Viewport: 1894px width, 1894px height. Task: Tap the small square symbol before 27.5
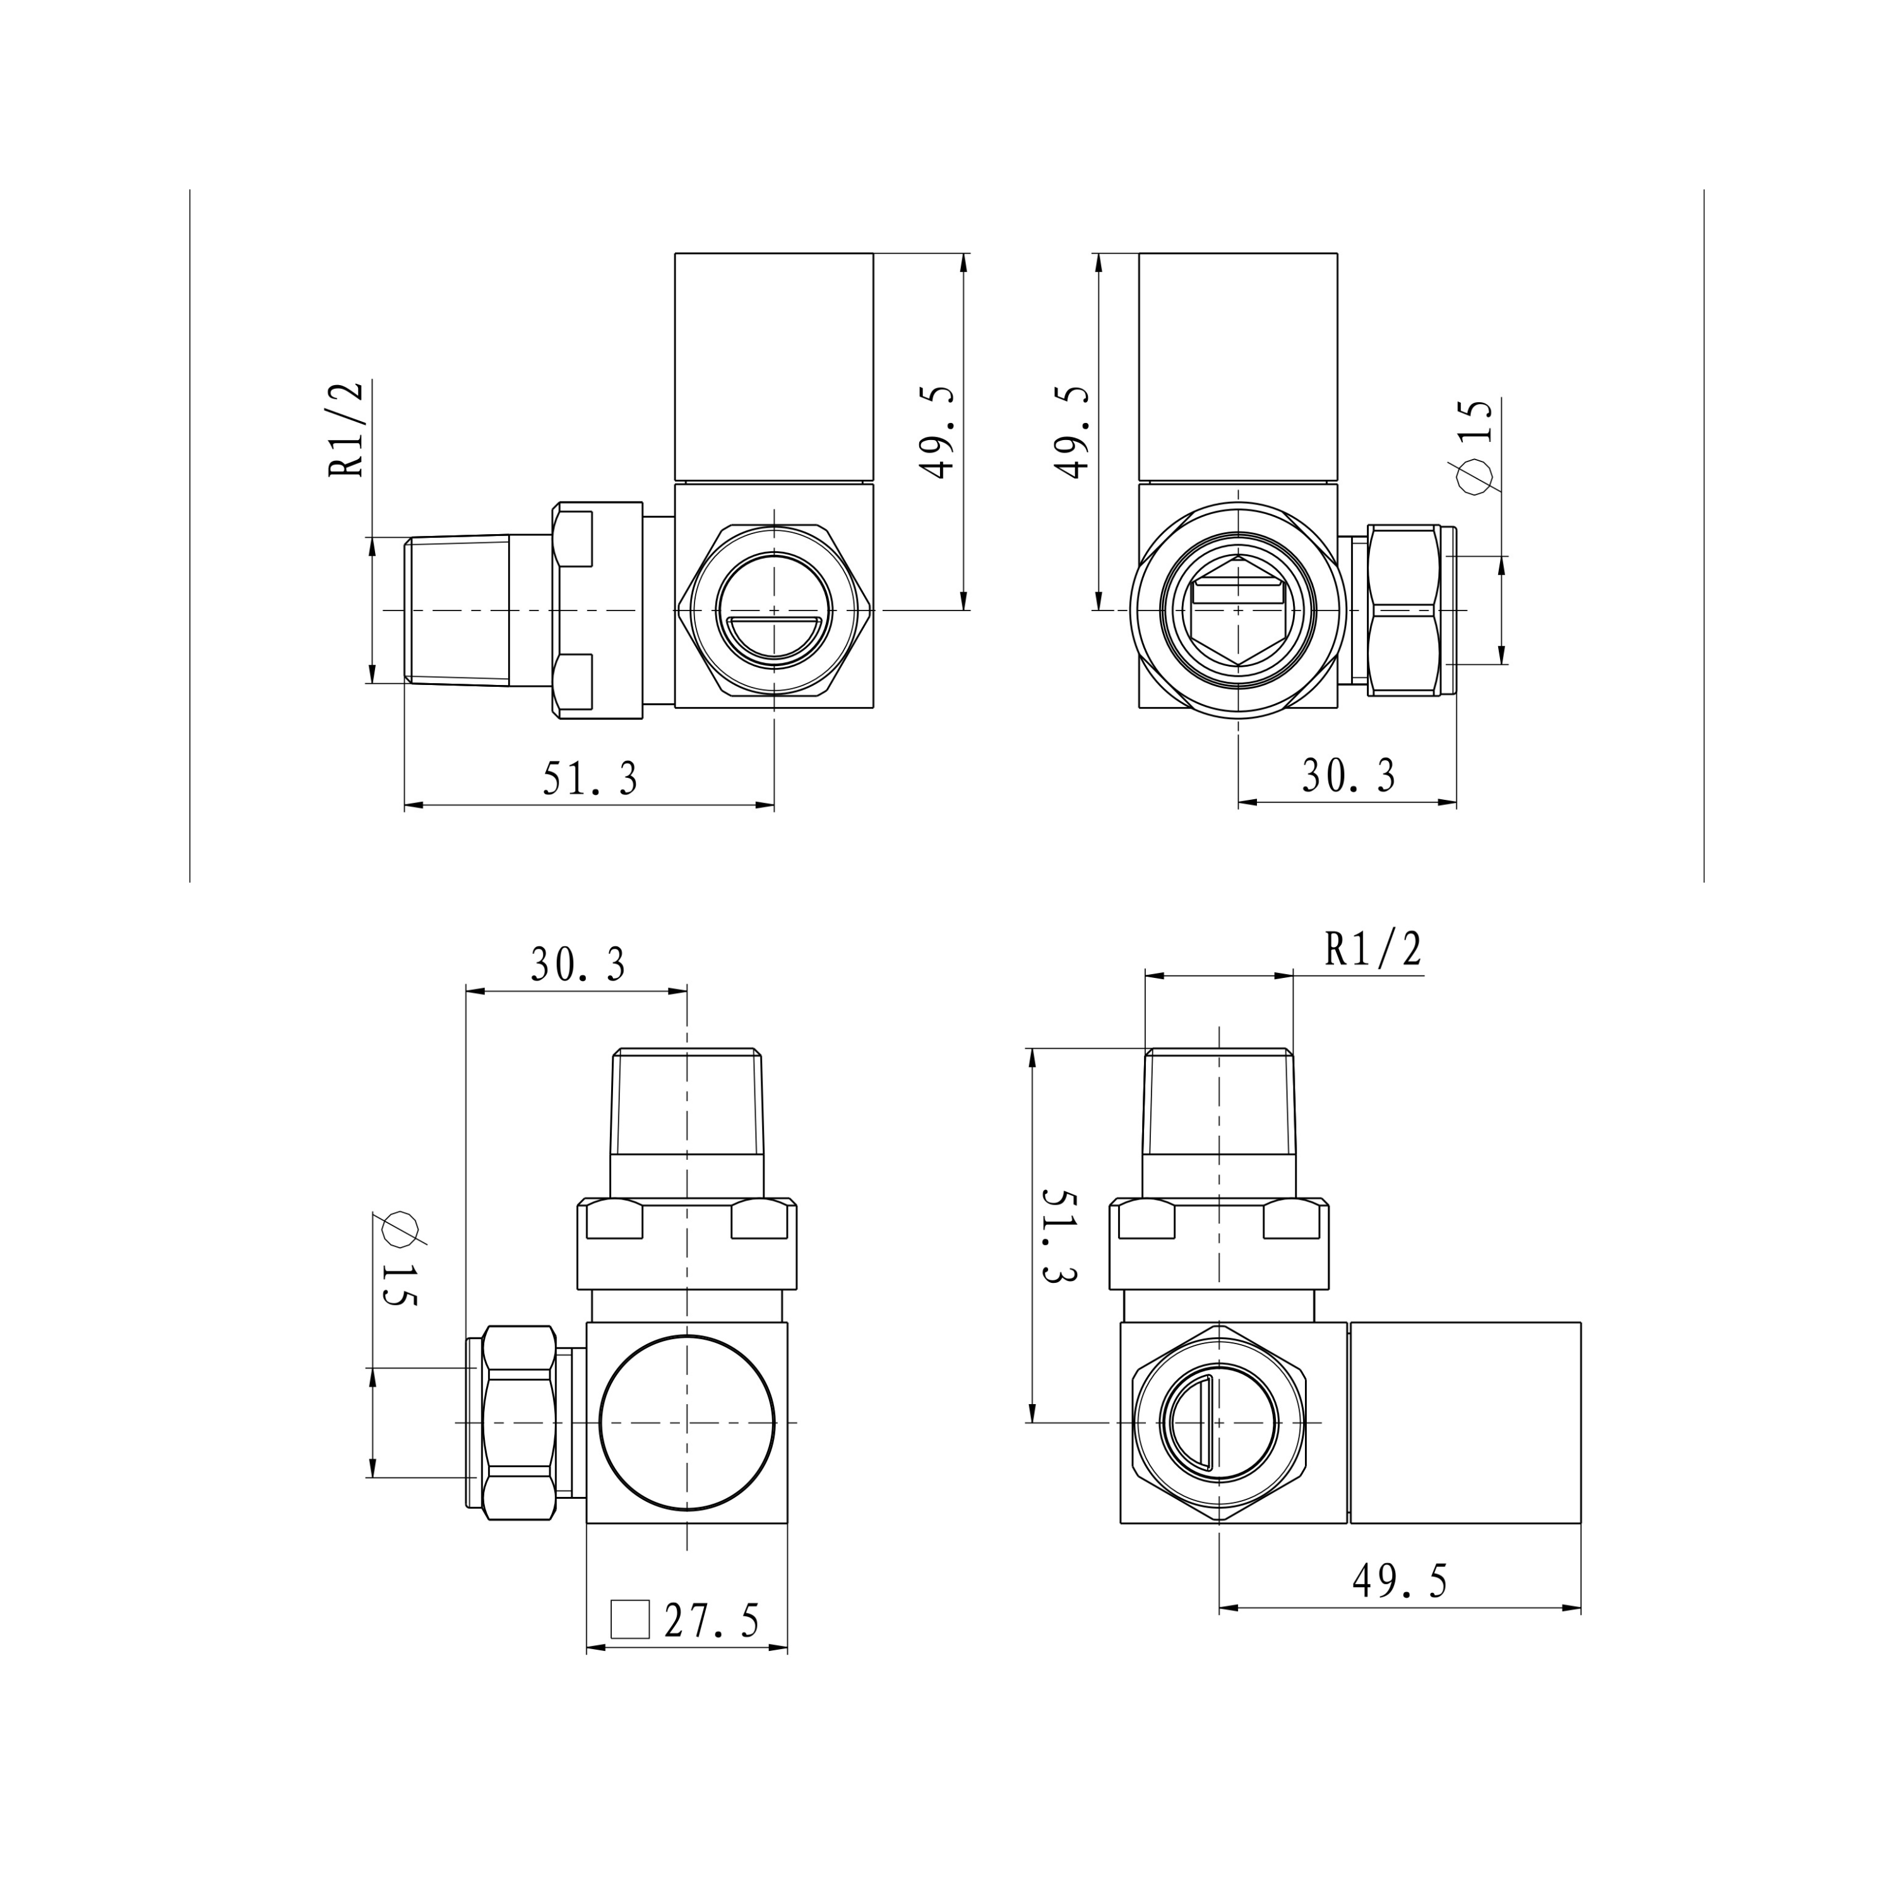coord(629,1619)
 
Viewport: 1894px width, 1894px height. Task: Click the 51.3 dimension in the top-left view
coord(590,778)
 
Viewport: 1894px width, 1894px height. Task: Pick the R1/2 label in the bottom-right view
coord(1373,949)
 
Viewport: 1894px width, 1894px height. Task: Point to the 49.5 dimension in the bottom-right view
coord(1400,1580)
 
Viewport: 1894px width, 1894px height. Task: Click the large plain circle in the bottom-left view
coord(688,1422)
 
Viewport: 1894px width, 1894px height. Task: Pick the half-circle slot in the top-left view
coord(773,636)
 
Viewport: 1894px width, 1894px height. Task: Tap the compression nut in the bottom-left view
coord(520,1422)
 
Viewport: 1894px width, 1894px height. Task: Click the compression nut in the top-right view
coord(1404,610)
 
